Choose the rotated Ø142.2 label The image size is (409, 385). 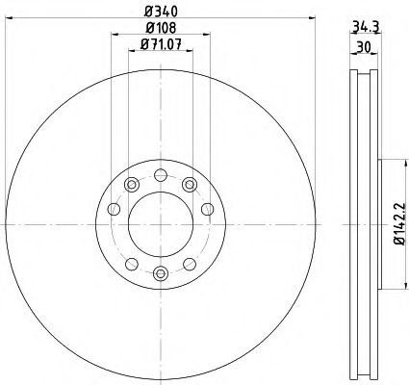click(397, 223)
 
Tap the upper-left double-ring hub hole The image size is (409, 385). click(129, 183)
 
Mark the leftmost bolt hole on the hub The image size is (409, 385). click(114, 210)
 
